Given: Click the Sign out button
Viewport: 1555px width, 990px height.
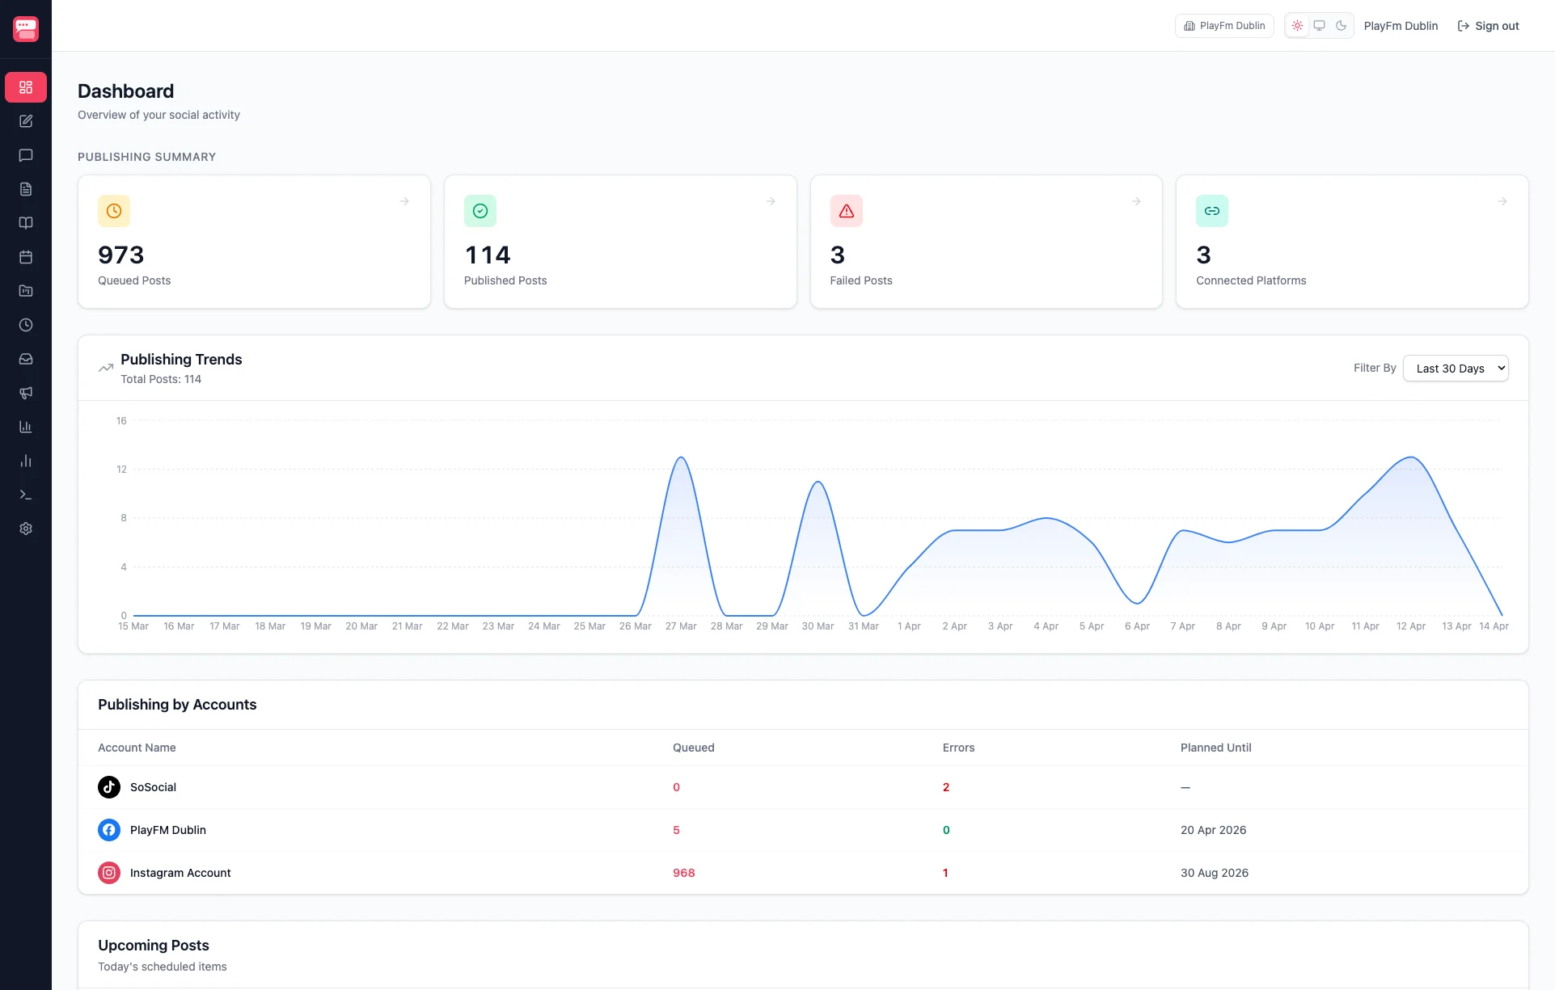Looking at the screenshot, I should (x=1488, y=26).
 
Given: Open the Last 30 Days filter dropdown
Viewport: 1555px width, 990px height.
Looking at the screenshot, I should (x=1455, y=369).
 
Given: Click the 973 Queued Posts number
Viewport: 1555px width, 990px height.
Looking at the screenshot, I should (x=121, y=255).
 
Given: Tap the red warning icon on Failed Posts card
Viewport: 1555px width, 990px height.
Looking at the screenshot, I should (x=846, y=211).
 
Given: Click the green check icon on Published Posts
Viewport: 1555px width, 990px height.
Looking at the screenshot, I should (x=480, y=211).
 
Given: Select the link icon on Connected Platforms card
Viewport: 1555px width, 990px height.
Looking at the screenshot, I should (x=1211, y=211).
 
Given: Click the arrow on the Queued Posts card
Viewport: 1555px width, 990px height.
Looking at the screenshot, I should (x=404, y=201).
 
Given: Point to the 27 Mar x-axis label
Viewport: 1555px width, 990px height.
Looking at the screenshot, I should (x=680, y=626).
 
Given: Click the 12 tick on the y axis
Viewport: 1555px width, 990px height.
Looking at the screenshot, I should (x=121, y=470).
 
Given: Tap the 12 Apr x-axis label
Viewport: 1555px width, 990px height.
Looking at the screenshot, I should (x=1410, y=626).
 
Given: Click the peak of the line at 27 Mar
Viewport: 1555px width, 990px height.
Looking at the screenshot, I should (x=681, y=458).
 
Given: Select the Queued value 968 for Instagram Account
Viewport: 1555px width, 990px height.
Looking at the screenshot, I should (x=683, y=873).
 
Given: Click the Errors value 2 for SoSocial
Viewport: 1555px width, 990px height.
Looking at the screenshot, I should (x=945, y=787).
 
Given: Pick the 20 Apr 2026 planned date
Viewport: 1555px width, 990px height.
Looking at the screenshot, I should (x=1213, y=830).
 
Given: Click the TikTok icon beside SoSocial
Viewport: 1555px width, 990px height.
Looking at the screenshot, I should (x=109, y=787).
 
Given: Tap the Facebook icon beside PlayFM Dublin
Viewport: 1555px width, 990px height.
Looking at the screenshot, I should (x=109, y=830).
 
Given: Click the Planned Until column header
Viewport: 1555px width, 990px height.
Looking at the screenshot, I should (x=1215, y=748).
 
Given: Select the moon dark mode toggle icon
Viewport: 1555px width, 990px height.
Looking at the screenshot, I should (x=1341, y=26).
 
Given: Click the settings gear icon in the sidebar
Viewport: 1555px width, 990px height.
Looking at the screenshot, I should (x=26, y=529).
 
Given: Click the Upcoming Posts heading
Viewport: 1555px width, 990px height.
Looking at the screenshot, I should (x=154, y=946).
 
